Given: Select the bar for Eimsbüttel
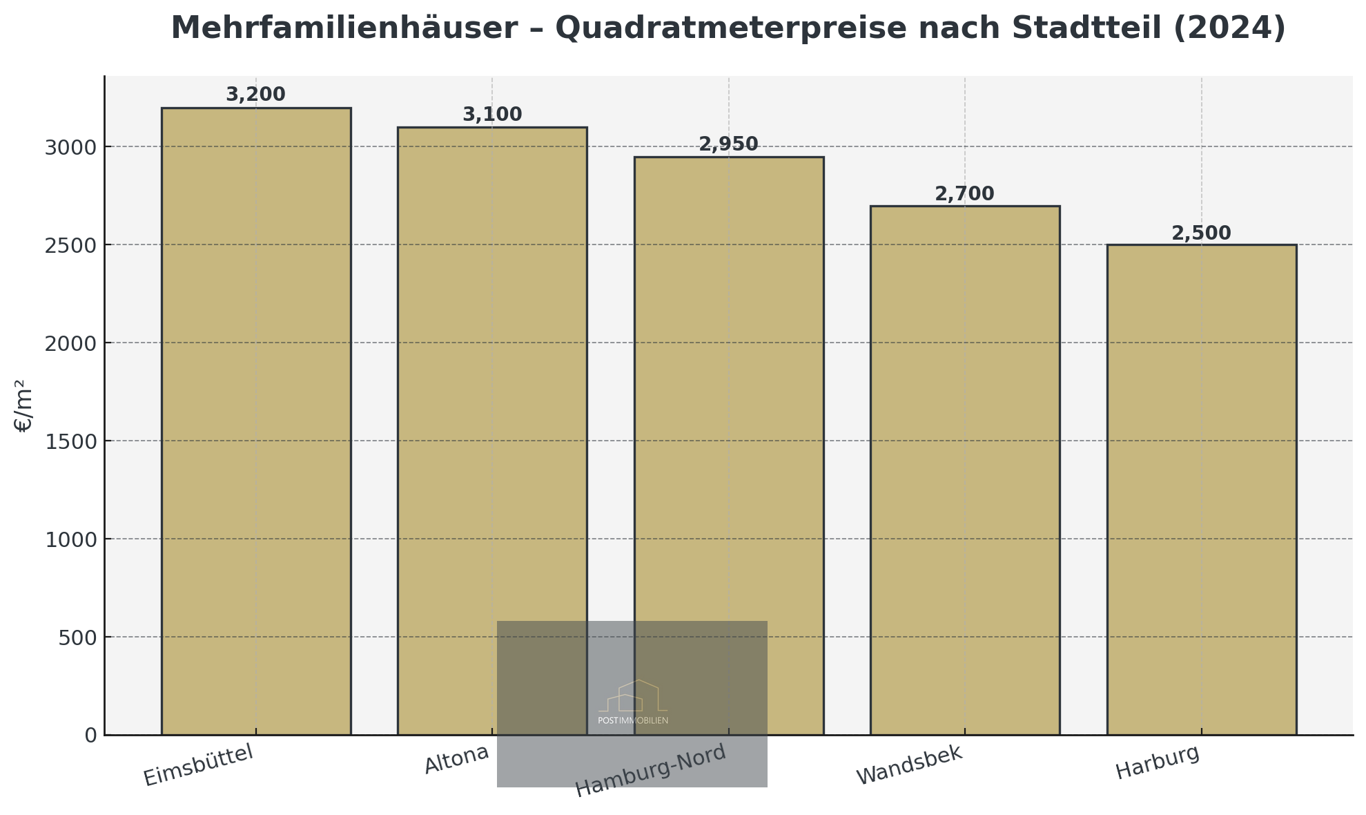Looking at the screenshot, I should (256, 421).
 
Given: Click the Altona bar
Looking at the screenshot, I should (492, 373).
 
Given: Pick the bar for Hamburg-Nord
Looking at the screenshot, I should (729, 387).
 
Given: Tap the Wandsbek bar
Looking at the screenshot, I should (965, 470).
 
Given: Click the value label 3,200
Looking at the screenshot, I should (255, 95).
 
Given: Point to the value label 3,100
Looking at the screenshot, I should (492, 115).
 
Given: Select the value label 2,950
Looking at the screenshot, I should (728, 144).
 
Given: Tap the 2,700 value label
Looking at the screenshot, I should (964, 194).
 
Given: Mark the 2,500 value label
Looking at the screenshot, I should (1201, 233).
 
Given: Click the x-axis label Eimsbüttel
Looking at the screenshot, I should (199, 765).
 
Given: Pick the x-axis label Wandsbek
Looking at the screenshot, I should (909, 765).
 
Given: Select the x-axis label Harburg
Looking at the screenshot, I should (1158, 763).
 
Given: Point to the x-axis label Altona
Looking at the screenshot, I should (456, 759).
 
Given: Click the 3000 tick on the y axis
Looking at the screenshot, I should (71, 147).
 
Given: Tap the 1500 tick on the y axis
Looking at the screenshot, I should (71, 441).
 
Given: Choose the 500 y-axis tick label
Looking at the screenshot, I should (77, 637).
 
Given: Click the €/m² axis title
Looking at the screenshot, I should (23, 406).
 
